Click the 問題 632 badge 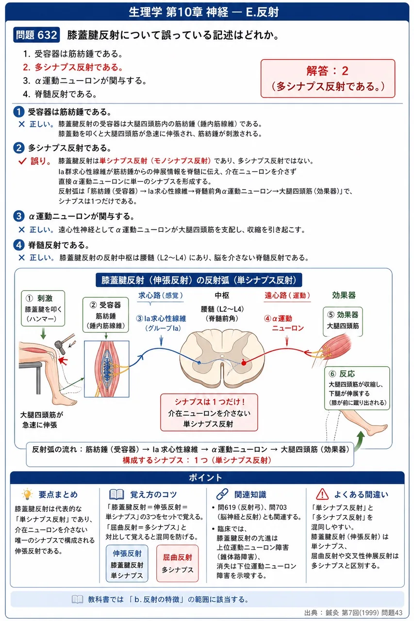coord(36,35)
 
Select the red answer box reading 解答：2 coord(328,79)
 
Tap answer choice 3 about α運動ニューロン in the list coord(84,81)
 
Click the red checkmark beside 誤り coord(22,161)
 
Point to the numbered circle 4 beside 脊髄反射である coord(18,245)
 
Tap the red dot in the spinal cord coord(244,362)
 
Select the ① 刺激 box coord(43,308)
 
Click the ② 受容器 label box coord(106,315)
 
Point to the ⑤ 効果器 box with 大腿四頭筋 coord(343,321)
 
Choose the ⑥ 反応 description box coord(357,388)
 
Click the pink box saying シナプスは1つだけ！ coord(209,412)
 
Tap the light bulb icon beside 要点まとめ coord(27,494)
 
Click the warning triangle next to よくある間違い coord(322,494)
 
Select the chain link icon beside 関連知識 coord(222,494)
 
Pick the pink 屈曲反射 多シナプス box coord(178,563)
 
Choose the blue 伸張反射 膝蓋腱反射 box coord(127,563)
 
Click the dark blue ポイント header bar coord(207,477)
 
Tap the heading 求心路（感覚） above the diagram coord(161,295)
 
